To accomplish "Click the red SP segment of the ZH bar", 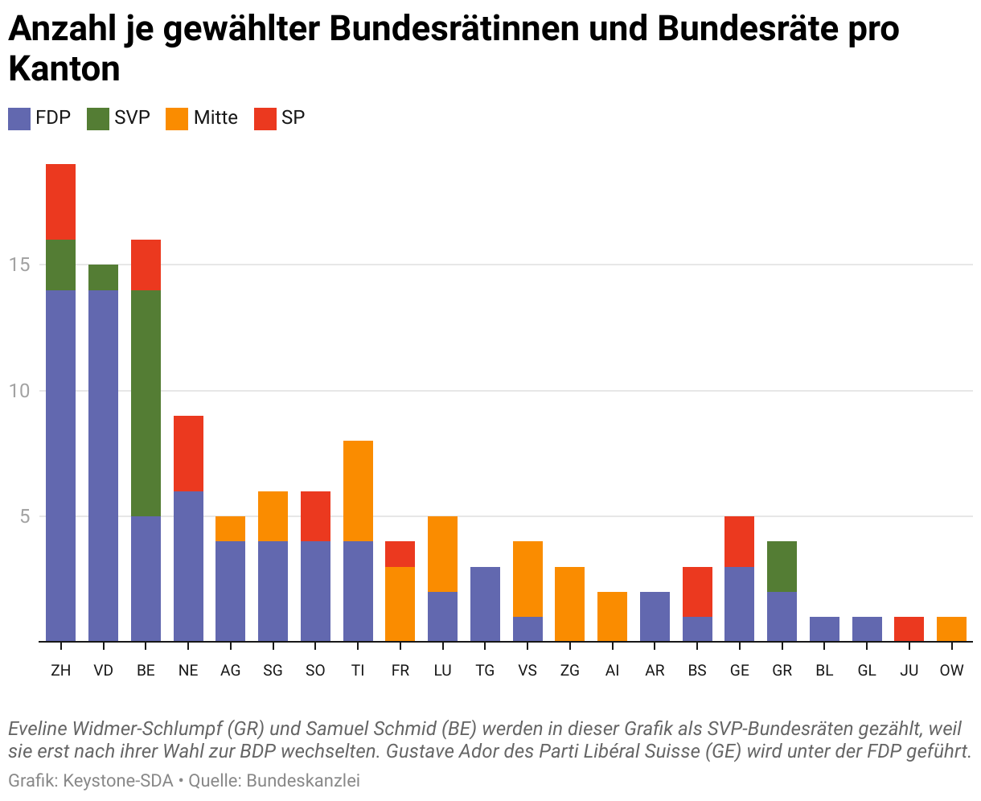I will coord(60,202).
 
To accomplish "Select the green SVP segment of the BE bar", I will coord(146,403).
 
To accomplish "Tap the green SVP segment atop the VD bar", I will coord(103,277).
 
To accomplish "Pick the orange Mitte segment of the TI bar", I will coord(358,491).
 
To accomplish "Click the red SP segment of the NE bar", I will coord(188,454).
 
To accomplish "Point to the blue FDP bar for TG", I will coord(485,604).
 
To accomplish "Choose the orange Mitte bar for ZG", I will coord(569,604).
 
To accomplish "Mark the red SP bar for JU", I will coord(909,629).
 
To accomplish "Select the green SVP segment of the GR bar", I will coord(782,566).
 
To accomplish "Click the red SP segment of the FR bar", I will coord(400,554).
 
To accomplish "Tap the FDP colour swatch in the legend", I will coord(19,118).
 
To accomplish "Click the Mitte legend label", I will coord(215,118).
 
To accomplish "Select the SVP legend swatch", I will coord(97,118).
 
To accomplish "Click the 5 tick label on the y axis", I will coord(25,516).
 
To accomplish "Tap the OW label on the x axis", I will coord(951,671).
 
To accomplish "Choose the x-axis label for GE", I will coord(739,671).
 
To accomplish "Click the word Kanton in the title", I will coord(64,69).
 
